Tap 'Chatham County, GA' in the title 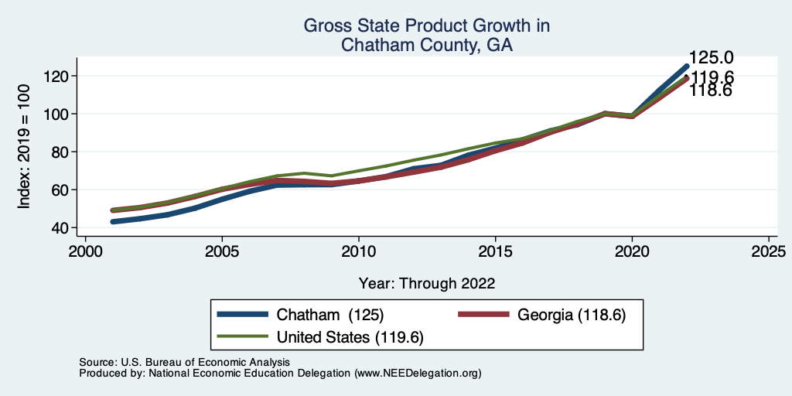(427, 46)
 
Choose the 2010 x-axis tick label (358, 252)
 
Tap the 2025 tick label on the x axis (769, 252)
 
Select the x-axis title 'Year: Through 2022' (427, 283)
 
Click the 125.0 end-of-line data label (712, 58)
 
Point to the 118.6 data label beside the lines (712, 91)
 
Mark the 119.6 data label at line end (713, 77)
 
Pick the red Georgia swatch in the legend (485, 315)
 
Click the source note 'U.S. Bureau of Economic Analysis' (205, 362)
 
